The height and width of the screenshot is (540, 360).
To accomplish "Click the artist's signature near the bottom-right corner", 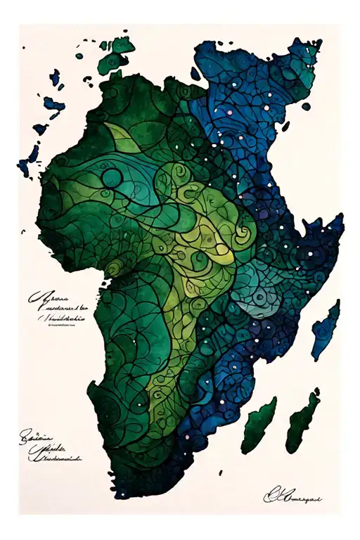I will tap(291, 497).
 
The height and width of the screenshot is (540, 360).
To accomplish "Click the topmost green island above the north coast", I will tap(122, 44).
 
